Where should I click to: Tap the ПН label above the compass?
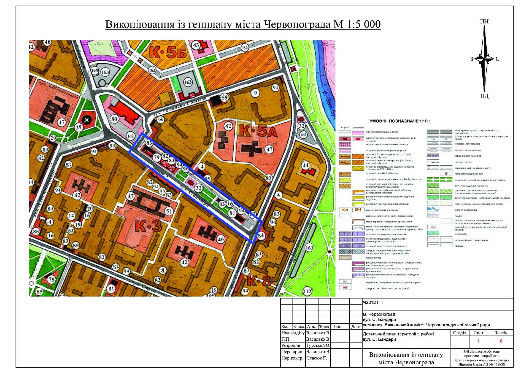(484, 21)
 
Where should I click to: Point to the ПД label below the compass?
(484, 96)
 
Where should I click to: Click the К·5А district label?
(258, 131)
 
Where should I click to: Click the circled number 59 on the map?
(225, 97)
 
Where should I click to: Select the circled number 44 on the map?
(306, 165)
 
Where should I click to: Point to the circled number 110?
(307, 291)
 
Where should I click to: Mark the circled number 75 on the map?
(52, 279)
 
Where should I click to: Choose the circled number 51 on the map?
(169, 211)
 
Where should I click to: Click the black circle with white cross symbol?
(87, 120)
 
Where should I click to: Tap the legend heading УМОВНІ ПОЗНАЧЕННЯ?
(400, 121)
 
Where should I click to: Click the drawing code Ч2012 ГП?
(373, 302)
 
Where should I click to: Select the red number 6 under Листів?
(501, 341)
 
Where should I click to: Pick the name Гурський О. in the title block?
(318, 345)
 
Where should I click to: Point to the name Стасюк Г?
(317, 358)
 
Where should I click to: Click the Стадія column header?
(460, 333)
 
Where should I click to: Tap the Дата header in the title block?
(356, 327)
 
